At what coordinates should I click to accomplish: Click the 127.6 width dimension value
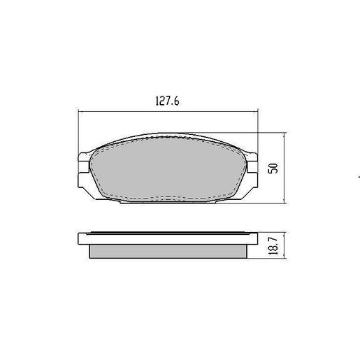pyautogui.click(x=168, y=101)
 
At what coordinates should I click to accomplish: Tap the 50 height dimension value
pyautogui.click(x=274, y=168)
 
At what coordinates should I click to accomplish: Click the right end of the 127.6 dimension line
pyautogui.click(x=258, y=111)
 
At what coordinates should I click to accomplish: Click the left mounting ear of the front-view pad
pyautogui.click(x=82, y=167)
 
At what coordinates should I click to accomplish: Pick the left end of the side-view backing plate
pyautogui.click(x=79, y=237)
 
